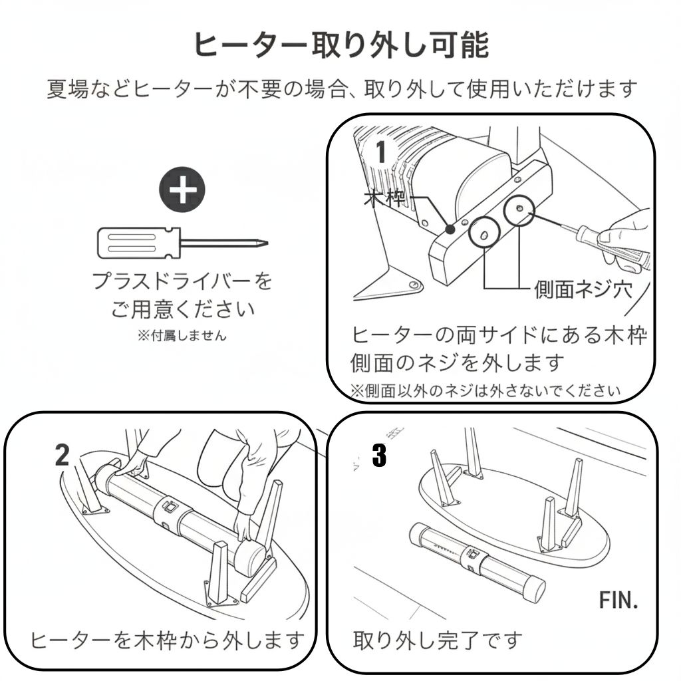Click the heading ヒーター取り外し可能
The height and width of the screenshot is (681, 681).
point(341,45)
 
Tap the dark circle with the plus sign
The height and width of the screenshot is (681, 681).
point(182,190)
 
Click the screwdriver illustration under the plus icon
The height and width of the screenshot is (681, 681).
point(182,243)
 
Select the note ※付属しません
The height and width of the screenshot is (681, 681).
point(182,335)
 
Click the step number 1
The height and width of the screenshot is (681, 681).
point(381,153)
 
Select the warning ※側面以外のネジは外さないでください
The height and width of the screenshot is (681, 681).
point(485,390)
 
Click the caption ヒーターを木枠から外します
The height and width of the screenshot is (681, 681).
point(167,640)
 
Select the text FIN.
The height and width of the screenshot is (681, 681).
point(618,600)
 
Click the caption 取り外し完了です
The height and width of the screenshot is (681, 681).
point(438,640)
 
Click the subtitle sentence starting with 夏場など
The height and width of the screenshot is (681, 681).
point(341,88)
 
